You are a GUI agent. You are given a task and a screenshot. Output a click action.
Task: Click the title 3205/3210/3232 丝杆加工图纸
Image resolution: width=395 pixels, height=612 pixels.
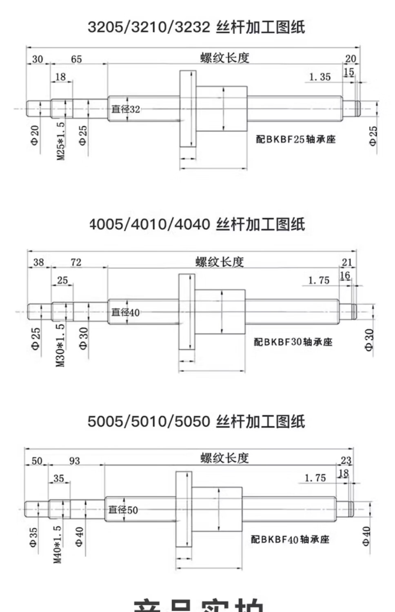tap(196, 27)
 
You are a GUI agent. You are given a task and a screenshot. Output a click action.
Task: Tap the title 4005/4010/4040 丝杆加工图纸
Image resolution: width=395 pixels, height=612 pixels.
tap(197, 224)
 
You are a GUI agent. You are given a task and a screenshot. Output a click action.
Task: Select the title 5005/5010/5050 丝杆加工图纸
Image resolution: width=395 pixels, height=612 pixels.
tap(196, 421)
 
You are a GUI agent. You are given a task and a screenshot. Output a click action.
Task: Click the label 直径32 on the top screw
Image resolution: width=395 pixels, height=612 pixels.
tap(126, 109)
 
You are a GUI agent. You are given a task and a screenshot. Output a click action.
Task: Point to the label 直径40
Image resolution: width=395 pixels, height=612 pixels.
tap(126, 313)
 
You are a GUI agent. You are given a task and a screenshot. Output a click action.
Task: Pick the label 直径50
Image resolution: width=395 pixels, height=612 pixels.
tap(123, 510)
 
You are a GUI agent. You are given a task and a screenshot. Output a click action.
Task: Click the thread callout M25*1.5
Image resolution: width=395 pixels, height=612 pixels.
tap(60, 141)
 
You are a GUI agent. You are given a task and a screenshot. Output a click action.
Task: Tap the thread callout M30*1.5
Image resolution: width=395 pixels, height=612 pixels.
tap(60, 345)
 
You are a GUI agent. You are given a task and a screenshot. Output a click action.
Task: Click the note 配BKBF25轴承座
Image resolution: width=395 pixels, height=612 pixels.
tap(296, 140)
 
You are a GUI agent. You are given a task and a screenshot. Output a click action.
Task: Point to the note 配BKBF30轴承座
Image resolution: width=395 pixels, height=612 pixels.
tap(293, 342)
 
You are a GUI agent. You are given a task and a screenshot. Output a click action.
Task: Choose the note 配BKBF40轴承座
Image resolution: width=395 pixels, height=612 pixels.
tap(290, 539)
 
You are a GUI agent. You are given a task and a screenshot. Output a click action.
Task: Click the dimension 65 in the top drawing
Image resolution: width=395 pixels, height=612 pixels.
tap(76, 59)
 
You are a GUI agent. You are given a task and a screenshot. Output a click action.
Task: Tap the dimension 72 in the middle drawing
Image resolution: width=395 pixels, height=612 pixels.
tap(76, 262)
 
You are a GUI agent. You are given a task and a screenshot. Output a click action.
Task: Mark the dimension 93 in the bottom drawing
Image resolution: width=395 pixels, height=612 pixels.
tap(75, 461)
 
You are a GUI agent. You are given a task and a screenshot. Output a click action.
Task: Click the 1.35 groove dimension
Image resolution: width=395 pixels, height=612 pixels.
tap(320, 77)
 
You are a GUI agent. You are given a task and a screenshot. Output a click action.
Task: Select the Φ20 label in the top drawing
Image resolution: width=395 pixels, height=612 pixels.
tap(35, 135)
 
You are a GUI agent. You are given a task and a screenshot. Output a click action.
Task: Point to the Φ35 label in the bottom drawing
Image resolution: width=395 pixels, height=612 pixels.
tap(33, 537)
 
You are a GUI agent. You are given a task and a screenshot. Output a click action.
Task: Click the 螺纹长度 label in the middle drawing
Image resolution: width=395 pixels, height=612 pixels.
tap(220, 262)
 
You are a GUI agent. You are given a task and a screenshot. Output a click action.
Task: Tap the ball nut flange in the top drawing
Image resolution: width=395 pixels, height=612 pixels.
tap(188, 108)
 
